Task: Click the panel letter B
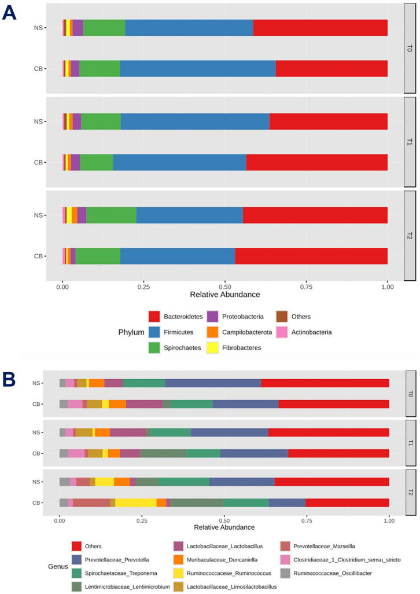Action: pyautogui.click(x=9, y=379)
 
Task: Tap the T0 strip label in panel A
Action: pyautogui.click(x=410, y=47)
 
